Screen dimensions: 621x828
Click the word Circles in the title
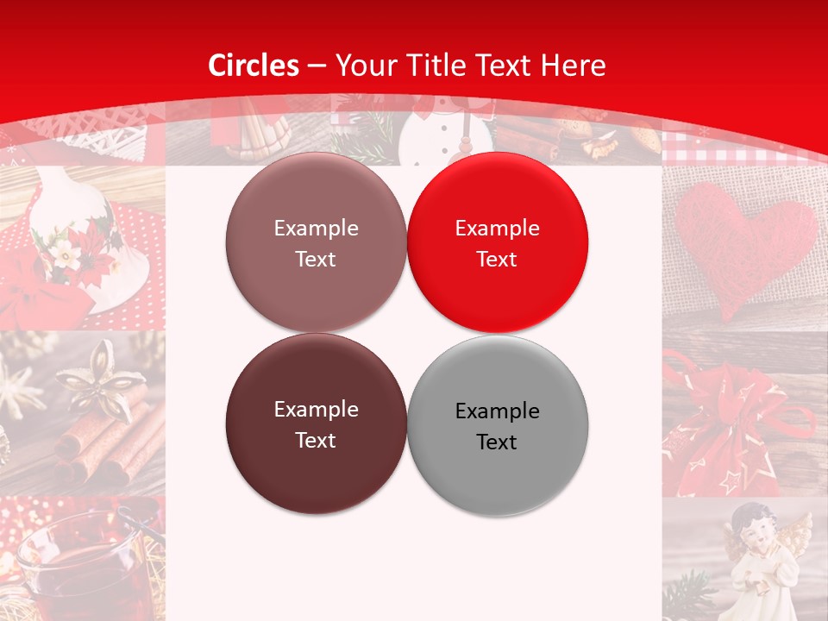click(x=254, y=66)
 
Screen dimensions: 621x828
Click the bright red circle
click(x=497, y=242)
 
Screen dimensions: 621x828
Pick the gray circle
click(x=497, y=425)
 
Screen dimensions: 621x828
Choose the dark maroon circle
click(x=316, y=423)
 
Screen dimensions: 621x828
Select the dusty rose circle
click(x=316, y=242)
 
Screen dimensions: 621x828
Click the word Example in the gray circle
click(x=497, y=411)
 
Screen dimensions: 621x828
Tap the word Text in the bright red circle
click(x=497, y=259)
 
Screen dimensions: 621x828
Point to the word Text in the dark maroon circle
click(x=316, y=440)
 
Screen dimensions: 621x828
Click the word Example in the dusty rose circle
click(x=316, y=228)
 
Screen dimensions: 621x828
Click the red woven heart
click(x=744, y=242)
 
